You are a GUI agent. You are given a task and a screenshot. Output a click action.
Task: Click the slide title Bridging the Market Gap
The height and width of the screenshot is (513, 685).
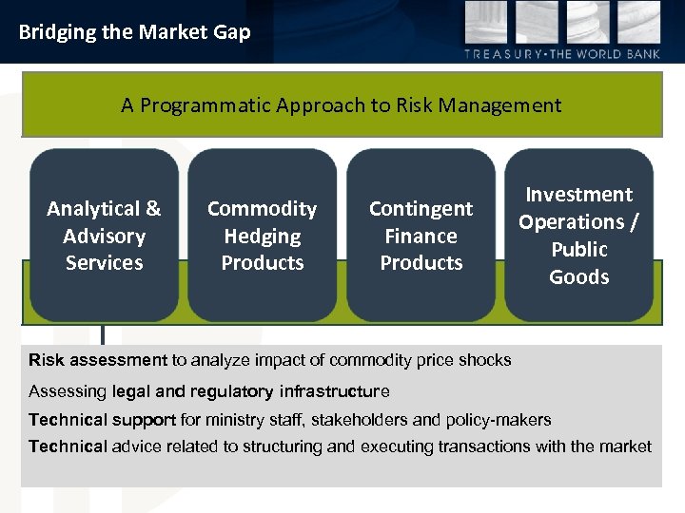(134, 32)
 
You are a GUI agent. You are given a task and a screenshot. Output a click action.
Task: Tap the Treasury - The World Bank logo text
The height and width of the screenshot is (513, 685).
(561, 54)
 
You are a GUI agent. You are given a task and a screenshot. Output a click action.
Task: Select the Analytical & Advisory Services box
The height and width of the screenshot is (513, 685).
(104, 236)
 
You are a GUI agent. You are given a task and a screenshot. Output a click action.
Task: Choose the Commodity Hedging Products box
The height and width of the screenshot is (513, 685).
(263, 236)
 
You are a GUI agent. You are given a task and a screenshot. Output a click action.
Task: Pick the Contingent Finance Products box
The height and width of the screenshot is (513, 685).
(421, 236)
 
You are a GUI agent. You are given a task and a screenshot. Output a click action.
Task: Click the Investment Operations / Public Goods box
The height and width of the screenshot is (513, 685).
(578, 236)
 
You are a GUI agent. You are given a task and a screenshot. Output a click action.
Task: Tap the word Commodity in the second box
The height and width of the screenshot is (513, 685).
(263, 209)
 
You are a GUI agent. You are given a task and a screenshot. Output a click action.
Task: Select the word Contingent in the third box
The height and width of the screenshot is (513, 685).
(421, 209)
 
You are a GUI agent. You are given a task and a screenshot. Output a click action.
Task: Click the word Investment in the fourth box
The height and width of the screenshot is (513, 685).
(578, 195)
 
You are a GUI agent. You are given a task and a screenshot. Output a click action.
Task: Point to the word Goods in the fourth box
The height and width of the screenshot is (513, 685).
(578, 277)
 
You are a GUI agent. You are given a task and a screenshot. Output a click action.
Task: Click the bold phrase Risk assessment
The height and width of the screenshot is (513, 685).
(97, 360)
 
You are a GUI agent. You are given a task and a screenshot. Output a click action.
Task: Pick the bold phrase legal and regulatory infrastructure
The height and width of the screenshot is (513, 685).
(250, 391)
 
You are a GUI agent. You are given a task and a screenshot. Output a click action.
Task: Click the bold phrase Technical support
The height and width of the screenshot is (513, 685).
(102, 420)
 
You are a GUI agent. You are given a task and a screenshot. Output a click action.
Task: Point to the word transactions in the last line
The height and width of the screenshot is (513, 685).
(481, 446)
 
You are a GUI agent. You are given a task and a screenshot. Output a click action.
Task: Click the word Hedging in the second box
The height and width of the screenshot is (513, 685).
(263, 237)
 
